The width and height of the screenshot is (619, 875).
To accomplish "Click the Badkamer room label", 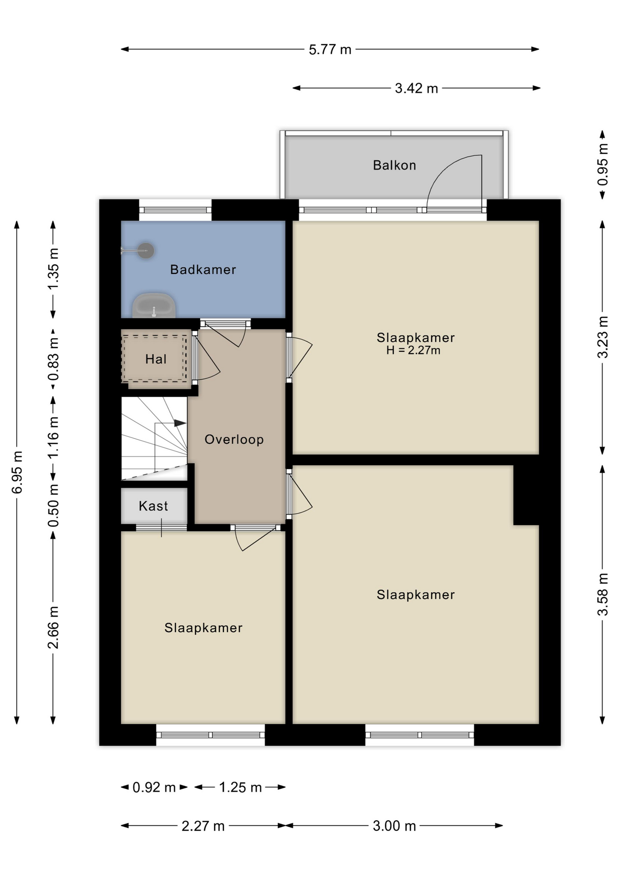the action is pyautogui.click(x=203, y=270).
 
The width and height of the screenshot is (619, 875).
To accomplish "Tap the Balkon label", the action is pyautogui.click(x=394, y=165).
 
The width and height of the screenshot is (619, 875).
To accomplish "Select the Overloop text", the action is pyautogui.click(x=234, y=439).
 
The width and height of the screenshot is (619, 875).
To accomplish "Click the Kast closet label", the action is pyautogui.click(x=153, y=506).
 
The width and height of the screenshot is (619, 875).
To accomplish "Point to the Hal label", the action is pyautogui.click(x=156, y=359).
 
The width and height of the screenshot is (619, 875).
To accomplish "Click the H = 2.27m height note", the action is pyautogui.click(x=413, y=350).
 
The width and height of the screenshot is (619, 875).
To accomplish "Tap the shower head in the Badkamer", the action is pyautogui.click(x=145, y=251).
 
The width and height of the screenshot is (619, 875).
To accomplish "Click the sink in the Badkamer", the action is pyautogui.click(x=154, y=306).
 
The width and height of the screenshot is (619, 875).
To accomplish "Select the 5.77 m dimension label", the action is pyautogui.click(x=330, y=49).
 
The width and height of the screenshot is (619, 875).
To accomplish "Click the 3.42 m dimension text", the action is pyautogui.click(x=416, y=88).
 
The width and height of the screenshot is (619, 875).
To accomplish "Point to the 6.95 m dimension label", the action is pyautogui.click(x=17, y=473).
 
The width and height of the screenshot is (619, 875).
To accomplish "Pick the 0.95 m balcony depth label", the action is pyautogui.click(x=603, y=165).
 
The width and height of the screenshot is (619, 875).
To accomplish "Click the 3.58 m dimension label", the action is pyautogui.click(x=603, y=595).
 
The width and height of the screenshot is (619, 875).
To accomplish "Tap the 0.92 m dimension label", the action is pyautogui.click(x=154, y=787).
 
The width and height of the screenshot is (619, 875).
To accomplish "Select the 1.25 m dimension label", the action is pyautogui.click(x=240, y=787).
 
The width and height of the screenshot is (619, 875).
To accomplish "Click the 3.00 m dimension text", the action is pyautogui.click(x=394, y=826).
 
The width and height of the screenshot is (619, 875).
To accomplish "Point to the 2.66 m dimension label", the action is pyautogui.click(x=53, y=628).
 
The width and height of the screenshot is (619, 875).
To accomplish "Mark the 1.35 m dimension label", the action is pyautogui.click(x=53, y=269).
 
